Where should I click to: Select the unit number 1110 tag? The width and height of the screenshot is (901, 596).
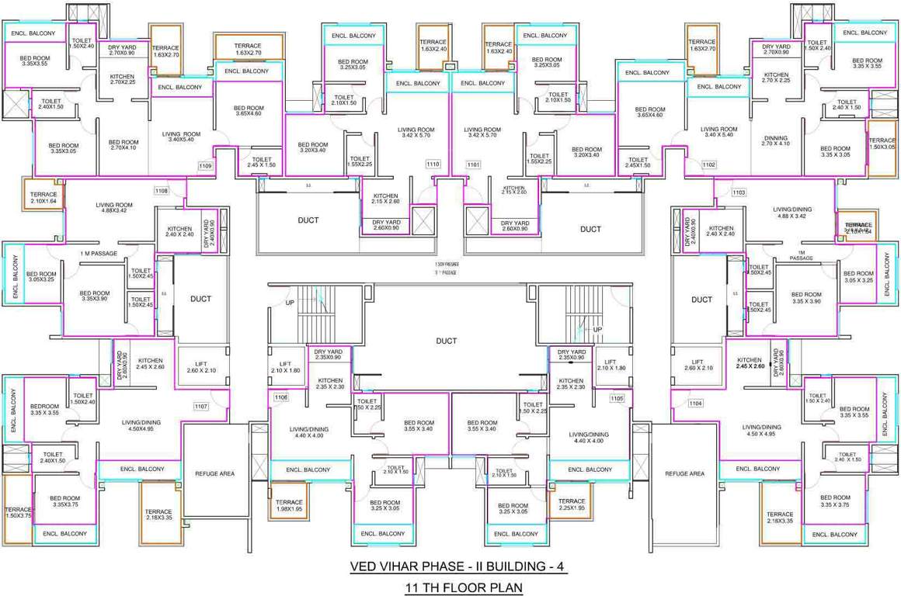point(433,165)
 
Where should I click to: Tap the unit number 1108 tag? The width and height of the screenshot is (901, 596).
point(162,190)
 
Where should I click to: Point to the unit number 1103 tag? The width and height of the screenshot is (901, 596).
point(739,192)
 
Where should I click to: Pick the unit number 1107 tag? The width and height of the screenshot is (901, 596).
point(201,406)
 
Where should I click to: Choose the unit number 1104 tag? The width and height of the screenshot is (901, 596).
point(695,403)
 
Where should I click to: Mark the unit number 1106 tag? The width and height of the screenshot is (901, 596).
point(280,397)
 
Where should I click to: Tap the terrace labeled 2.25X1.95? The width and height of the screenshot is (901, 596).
point(572,505)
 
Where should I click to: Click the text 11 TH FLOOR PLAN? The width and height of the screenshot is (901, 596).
point(463,588)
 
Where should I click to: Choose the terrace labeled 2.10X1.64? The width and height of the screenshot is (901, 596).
point(43,198)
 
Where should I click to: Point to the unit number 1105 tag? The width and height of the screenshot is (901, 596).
point(617,398)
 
